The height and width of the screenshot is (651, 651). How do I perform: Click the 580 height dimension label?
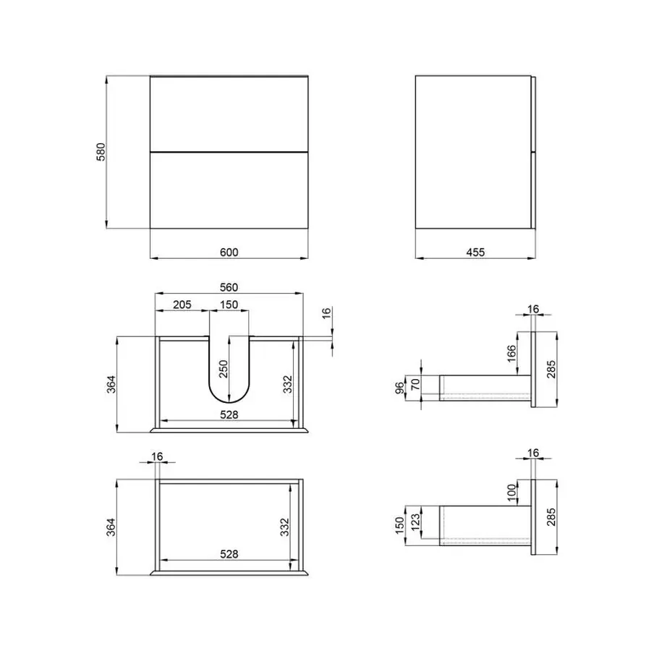[102, 151]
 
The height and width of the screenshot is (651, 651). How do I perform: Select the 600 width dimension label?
[229, 252]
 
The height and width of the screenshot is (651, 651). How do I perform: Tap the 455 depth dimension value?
[475, 252]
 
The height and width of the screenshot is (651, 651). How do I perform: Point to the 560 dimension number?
[229, 287]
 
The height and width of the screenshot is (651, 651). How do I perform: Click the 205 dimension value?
[182, 305]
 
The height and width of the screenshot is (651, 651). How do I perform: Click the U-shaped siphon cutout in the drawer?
[229, 376]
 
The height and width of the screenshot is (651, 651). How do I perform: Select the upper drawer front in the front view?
[229, 114]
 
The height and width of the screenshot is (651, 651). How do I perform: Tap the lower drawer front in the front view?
[229, 192]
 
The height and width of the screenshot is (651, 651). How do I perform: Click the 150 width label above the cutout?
[229, 305]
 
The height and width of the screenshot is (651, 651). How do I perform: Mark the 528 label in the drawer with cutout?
[229, 414]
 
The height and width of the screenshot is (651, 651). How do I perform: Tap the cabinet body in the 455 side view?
[474, 152]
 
